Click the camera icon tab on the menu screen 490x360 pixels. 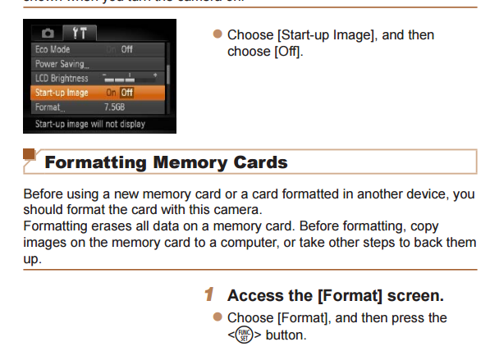click(48, 34)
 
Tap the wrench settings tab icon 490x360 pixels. click(80, 34)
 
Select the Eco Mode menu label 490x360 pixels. click(53, 49)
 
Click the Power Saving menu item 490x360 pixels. click(62, 64)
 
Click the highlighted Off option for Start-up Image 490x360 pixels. click(126, 93)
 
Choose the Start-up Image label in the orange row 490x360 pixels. click(62, 93)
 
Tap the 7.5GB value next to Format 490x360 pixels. click(115, 107)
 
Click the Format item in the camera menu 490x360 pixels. click(50, 107)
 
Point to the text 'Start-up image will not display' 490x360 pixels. click(90, 124)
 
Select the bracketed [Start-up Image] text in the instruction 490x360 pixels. click(324, 35)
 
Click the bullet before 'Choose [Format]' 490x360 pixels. click(218, 317)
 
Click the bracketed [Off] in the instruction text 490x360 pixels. click(286, 52)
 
